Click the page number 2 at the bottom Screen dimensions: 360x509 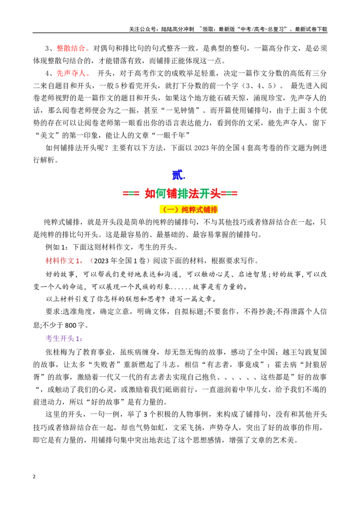[34, 477]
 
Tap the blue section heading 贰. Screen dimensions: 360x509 [178, 175]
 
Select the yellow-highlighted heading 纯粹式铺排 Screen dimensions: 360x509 [189, 210]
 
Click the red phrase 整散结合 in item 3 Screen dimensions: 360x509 [71, 49]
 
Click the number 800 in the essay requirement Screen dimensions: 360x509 [71, 325]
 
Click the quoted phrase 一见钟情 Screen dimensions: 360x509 [183, 110]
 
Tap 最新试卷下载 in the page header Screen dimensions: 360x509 [311, 29]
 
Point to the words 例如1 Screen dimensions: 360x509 [55, 247]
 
